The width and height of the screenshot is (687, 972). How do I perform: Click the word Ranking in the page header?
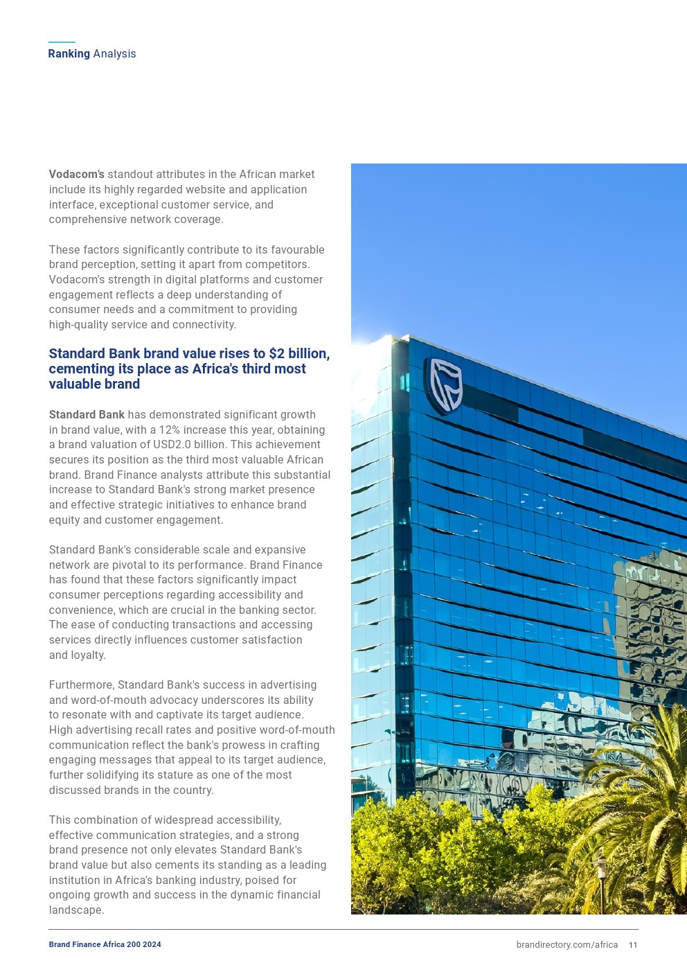(69, 54)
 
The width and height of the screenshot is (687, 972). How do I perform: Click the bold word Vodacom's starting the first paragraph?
(76, 175)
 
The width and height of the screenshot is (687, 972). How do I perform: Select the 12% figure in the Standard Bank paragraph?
(170, 430)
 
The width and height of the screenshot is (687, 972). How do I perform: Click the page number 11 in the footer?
(633, 945)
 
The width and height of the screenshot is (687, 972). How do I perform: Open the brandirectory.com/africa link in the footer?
(566, 945)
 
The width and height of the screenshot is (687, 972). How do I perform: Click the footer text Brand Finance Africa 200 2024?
(105, 945)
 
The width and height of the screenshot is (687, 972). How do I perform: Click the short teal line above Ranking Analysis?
(62, 42)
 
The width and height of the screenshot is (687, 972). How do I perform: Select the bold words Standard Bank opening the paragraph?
(87, 415)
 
